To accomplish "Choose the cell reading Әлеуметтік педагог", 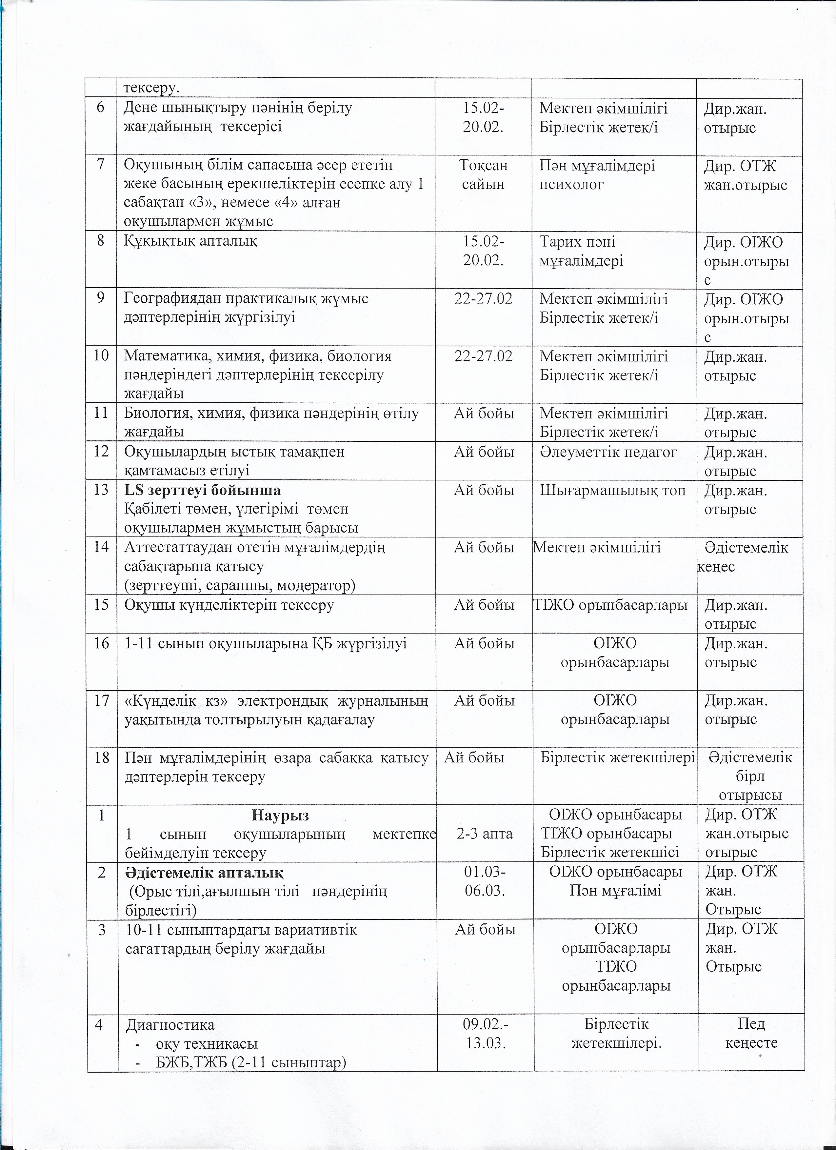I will pos(608,452).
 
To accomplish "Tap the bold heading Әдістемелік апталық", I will pos(204,873).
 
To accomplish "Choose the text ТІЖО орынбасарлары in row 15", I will pos(611,605).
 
